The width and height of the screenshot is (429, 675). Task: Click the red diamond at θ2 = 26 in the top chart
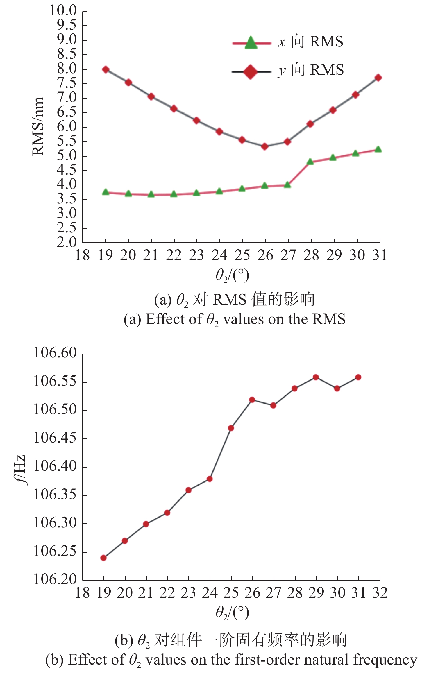(x=264, y=146)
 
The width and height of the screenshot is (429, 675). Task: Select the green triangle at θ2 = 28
(x=310, y=162)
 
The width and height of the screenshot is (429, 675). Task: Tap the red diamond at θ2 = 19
(x=106, y=69)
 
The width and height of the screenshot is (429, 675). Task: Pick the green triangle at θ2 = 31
(x=378, y=149)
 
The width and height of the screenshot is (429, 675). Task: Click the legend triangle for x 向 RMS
(x=251, y=43)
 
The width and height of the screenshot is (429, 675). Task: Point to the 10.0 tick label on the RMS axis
(x=63, y=11)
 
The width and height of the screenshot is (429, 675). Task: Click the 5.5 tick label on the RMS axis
(x=67, y=141)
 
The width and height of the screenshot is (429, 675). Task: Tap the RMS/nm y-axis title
(x=38, y=126)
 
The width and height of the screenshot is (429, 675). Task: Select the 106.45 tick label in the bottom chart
(x=55, y=438)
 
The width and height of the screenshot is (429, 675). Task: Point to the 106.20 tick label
(x=55, y=579)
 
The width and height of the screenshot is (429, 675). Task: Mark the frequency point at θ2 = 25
(x=231, y=428)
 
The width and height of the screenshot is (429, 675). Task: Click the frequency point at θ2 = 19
(x=103, y=558)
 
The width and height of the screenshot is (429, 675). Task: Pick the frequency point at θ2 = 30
(x=337, y=388)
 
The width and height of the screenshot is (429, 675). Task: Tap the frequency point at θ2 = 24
(x=210, y=479)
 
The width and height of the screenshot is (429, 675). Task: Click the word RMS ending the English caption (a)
(x=329, y=319)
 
